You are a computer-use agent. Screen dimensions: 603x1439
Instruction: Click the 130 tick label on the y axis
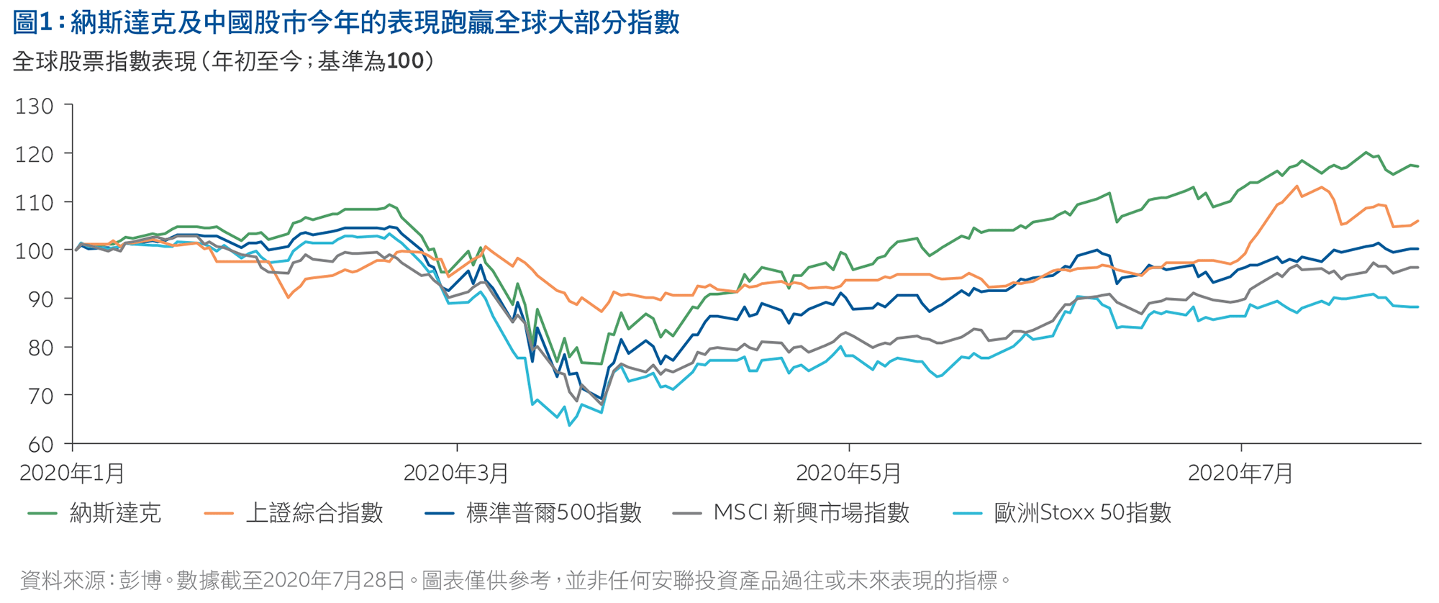(35, 106)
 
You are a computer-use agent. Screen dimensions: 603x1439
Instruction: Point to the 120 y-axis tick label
(35, 155)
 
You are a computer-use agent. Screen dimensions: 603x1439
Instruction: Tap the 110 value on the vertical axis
(35, 203)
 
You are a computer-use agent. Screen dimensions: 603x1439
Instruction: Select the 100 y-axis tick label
(35, 251)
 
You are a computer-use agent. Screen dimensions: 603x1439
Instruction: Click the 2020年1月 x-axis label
(72, 473)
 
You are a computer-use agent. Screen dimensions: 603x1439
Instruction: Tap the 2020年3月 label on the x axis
(456, 473)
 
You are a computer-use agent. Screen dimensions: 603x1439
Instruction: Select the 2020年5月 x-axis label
(848, 473)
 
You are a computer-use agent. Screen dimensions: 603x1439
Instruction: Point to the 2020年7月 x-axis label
(1240, 473)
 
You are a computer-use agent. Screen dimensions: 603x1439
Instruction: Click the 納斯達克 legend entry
(115, 513)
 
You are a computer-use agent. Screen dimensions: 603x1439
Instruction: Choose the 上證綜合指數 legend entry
(314, 513)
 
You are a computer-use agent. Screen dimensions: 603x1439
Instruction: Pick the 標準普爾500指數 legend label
(553, 513)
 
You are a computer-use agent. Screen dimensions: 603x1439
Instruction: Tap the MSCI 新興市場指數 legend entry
(811, 513)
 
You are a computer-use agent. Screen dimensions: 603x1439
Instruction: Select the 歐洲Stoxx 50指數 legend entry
(1082, 513)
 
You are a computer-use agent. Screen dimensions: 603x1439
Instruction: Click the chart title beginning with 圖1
(346, 23)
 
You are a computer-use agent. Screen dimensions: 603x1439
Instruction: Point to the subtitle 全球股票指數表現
(224, 62)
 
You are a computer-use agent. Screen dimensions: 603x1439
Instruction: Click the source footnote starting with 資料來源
(515, 580)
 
